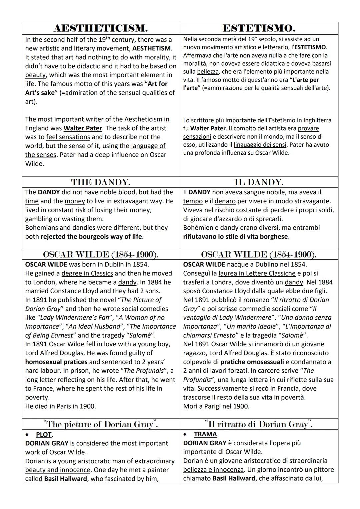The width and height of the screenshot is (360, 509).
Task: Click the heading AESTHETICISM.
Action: [101, 28]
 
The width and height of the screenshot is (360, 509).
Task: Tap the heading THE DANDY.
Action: [101, 182]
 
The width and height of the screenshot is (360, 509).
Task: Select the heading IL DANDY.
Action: [259, 182]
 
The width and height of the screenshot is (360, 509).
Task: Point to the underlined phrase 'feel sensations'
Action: [68, 137]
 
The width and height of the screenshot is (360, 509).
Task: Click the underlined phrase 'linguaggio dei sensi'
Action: [260, 145]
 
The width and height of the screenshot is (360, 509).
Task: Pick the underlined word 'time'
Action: [32, 201]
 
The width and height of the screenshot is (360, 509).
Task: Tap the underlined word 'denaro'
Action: [225, 201]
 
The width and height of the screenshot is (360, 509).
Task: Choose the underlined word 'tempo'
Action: [193, 201]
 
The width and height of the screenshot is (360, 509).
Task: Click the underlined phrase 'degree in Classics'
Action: [87, 273]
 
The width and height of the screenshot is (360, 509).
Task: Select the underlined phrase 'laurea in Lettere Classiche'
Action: [257, 273]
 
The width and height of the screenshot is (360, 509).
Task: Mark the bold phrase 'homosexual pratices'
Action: [56, 362]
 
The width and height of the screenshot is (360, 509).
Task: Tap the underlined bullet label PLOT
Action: [44, 435]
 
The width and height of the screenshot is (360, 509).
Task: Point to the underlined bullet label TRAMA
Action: [206, 434]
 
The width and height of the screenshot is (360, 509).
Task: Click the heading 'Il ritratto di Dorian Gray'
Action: [259, 424]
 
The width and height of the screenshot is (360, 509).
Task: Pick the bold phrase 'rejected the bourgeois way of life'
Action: [91, 237]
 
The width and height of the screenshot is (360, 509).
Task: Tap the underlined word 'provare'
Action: [308, 128]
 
